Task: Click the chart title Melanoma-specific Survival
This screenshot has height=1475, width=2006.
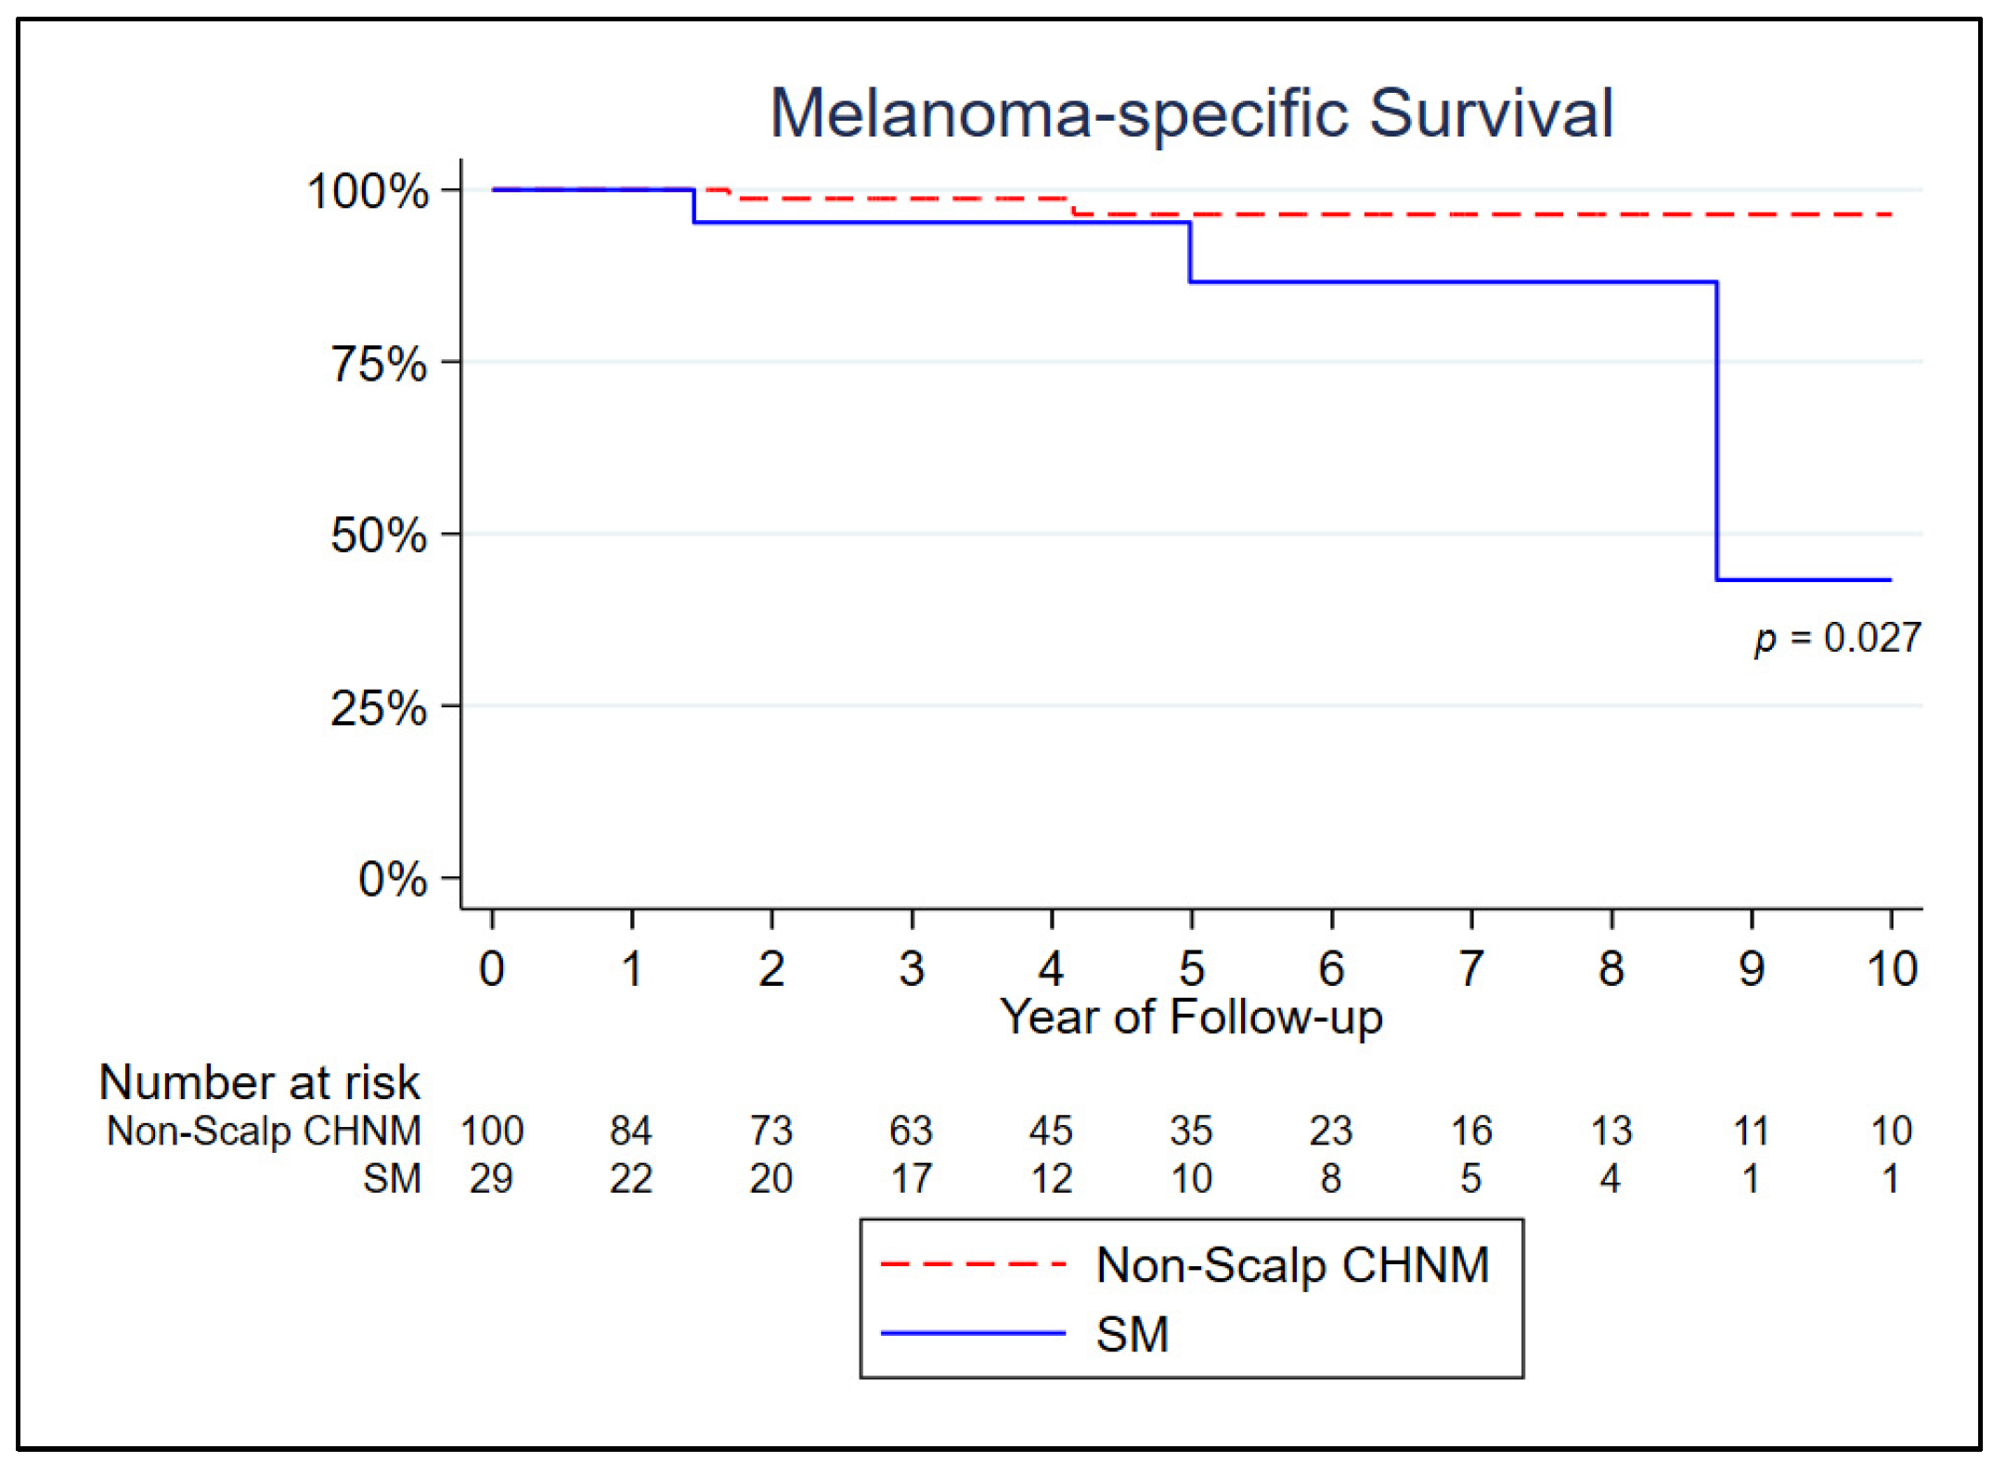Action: coord(1191,114)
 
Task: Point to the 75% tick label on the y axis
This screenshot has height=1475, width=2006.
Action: coord(379,364)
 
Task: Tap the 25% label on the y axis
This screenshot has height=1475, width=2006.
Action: coord(379,709)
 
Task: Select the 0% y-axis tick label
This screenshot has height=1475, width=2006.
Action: coord(393,879)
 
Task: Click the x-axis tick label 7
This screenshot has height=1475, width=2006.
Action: coord(1470,969)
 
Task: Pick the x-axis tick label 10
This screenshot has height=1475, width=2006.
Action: coord(1891,969)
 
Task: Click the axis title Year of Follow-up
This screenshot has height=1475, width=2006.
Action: coord(1191,1017)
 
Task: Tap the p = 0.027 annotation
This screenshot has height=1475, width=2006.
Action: coord(1837,639)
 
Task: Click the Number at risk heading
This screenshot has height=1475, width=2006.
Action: coord(259,1082)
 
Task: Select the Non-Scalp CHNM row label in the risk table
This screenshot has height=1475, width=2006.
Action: coord(264,1132)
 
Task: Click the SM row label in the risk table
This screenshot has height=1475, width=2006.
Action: coord(392,1179)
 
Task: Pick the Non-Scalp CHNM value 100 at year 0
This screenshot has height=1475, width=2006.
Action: coord(492,1132)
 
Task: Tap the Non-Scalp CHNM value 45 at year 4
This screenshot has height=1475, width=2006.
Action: coord(1051,1132)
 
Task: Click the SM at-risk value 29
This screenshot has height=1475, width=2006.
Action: coord(491,1179)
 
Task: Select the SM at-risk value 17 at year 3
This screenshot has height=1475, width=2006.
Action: coord(912,1179)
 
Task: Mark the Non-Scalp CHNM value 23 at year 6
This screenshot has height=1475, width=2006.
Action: coord(1330,1132)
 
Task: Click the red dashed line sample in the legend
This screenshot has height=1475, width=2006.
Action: coord(972,1264)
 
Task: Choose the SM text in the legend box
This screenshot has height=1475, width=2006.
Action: coord(1132,1335)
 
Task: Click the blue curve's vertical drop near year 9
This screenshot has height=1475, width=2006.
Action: coord(1716,432)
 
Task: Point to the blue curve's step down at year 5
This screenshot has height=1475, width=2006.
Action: coord(1190,252)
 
